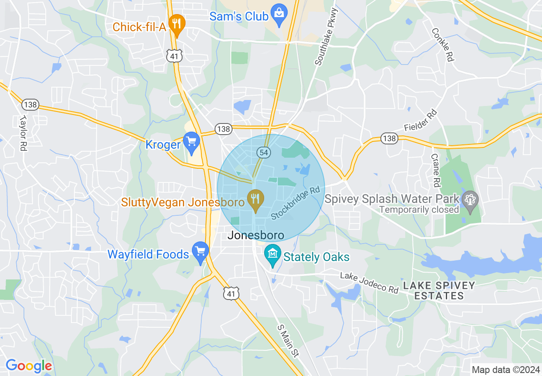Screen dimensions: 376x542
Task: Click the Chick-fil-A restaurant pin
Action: coord(176,25)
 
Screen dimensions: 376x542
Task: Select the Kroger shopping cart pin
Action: coord(191,142)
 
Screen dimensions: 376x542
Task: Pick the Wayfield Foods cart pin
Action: coord(200,252)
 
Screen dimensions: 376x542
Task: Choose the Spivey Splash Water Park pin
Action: coord(470,201)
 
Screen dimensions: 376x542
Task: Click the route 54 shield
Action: coord(263,152)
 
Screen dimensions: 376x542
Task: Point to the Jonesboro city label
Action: coord(256,235)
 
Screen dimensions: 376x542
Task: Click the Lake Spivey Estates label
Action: coord(439,291)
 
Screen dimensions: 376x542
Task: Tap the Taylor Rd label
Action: coord(23,132)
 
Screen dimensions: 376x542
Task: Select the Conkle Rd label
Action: coord(442,45)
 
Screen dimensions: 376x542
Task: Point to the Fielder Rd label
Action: coord(421,121)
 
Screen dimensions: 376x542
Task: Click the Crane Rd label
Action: coord(436,170)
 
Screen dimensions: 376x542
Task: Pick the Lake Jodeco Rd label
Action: coord(369,282)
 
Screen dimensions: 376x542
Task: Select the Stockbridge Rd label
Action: coord(296,203)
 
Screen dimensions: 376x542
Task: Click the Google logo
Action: coord(29,366)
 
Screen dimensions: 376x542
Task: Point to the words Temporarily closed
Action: coord(419,210)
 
